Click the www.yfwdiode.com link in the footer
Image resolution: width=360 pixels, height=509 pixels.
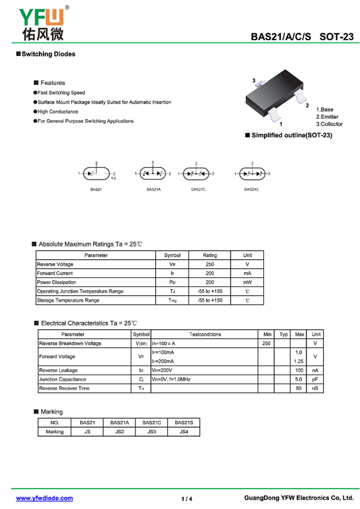click(x=45, y=498)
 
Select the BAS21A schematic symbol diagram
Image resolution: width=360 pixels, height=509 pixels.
click(x=153, y=173)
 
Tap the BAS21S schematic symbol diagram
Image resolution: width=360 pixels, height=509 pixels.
click(x=252, y=173)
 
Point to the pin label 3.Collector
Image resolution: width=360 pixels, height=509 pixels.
click(x=329, y=124)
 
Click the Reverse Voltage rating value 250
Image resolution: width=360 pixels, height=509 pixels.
click(x=210, y=264)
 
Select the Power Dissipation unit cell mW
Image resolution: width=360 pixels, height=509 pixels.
click(x=247, y=282)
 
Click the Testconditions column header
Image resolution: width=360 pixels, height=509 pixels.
click(x=205, y=334)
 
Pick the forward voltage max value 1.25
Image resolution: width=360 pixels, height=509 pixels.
click(x=298, y=361)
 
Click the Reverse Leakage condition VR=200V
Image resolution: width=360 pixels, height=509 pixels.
click(x=162, y=370)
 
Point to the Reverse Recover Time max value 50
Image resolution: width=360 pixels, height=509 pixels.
click(x=299, y=388)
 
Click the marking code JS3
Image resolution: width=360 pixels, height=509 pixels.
click(x=151, y=432)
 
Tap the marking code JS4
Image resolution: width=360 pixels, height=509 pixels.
click(x=184, y=432)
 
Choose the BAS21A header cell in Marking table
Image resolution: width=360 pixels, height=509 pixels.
click(x=119, y=423)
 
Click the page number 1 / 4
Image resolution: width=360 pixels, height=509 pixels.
click(x=187, y=499)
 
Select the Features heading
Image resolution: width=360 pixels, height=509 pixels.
click(x=53, y=83)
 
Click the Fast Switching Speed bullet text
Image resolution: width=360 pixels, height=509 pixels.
click(x=61, y=93)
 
